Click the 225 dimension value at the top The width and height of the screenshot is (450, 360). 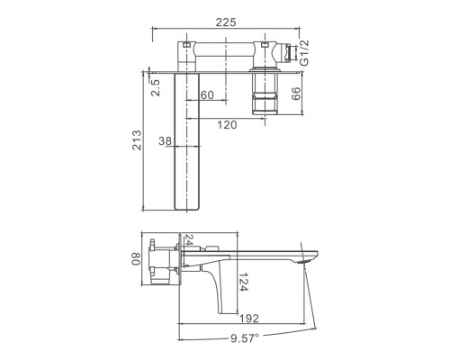(226, 22)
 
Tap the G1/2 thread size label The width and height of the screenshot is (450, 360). (304, 52)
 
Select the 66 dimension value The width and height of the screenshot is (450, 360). (295, 94)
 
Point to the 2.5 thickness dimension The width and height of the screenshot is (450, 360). (156, 88)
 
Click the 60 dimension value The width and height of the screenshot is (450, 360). (207, 95)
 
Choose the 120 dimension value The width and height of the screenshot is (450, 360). (227, 125)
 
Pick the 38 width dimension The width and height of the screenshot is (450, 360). (166, 140)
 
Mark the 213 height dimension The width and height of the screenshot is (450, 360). (137, 140)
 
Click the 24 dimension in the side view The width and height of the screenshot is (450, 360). (189, 240)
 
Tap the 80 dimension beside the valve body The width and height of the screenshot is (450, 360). (137, 258)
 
